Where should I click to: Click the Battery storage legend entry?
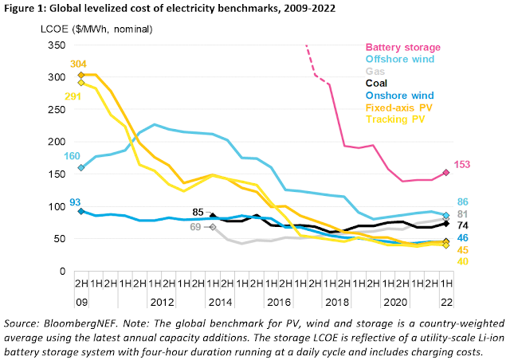click(x=402, y=48)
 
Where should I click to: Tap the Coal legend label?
click(x=379, y=82)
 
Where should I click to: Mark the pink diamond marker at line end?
click(x=446, y=172)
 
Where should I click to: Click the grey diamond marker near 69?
click(x=213, y=227)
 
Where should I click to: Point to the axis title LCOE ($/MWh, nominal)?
click(x=88, y=29)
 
